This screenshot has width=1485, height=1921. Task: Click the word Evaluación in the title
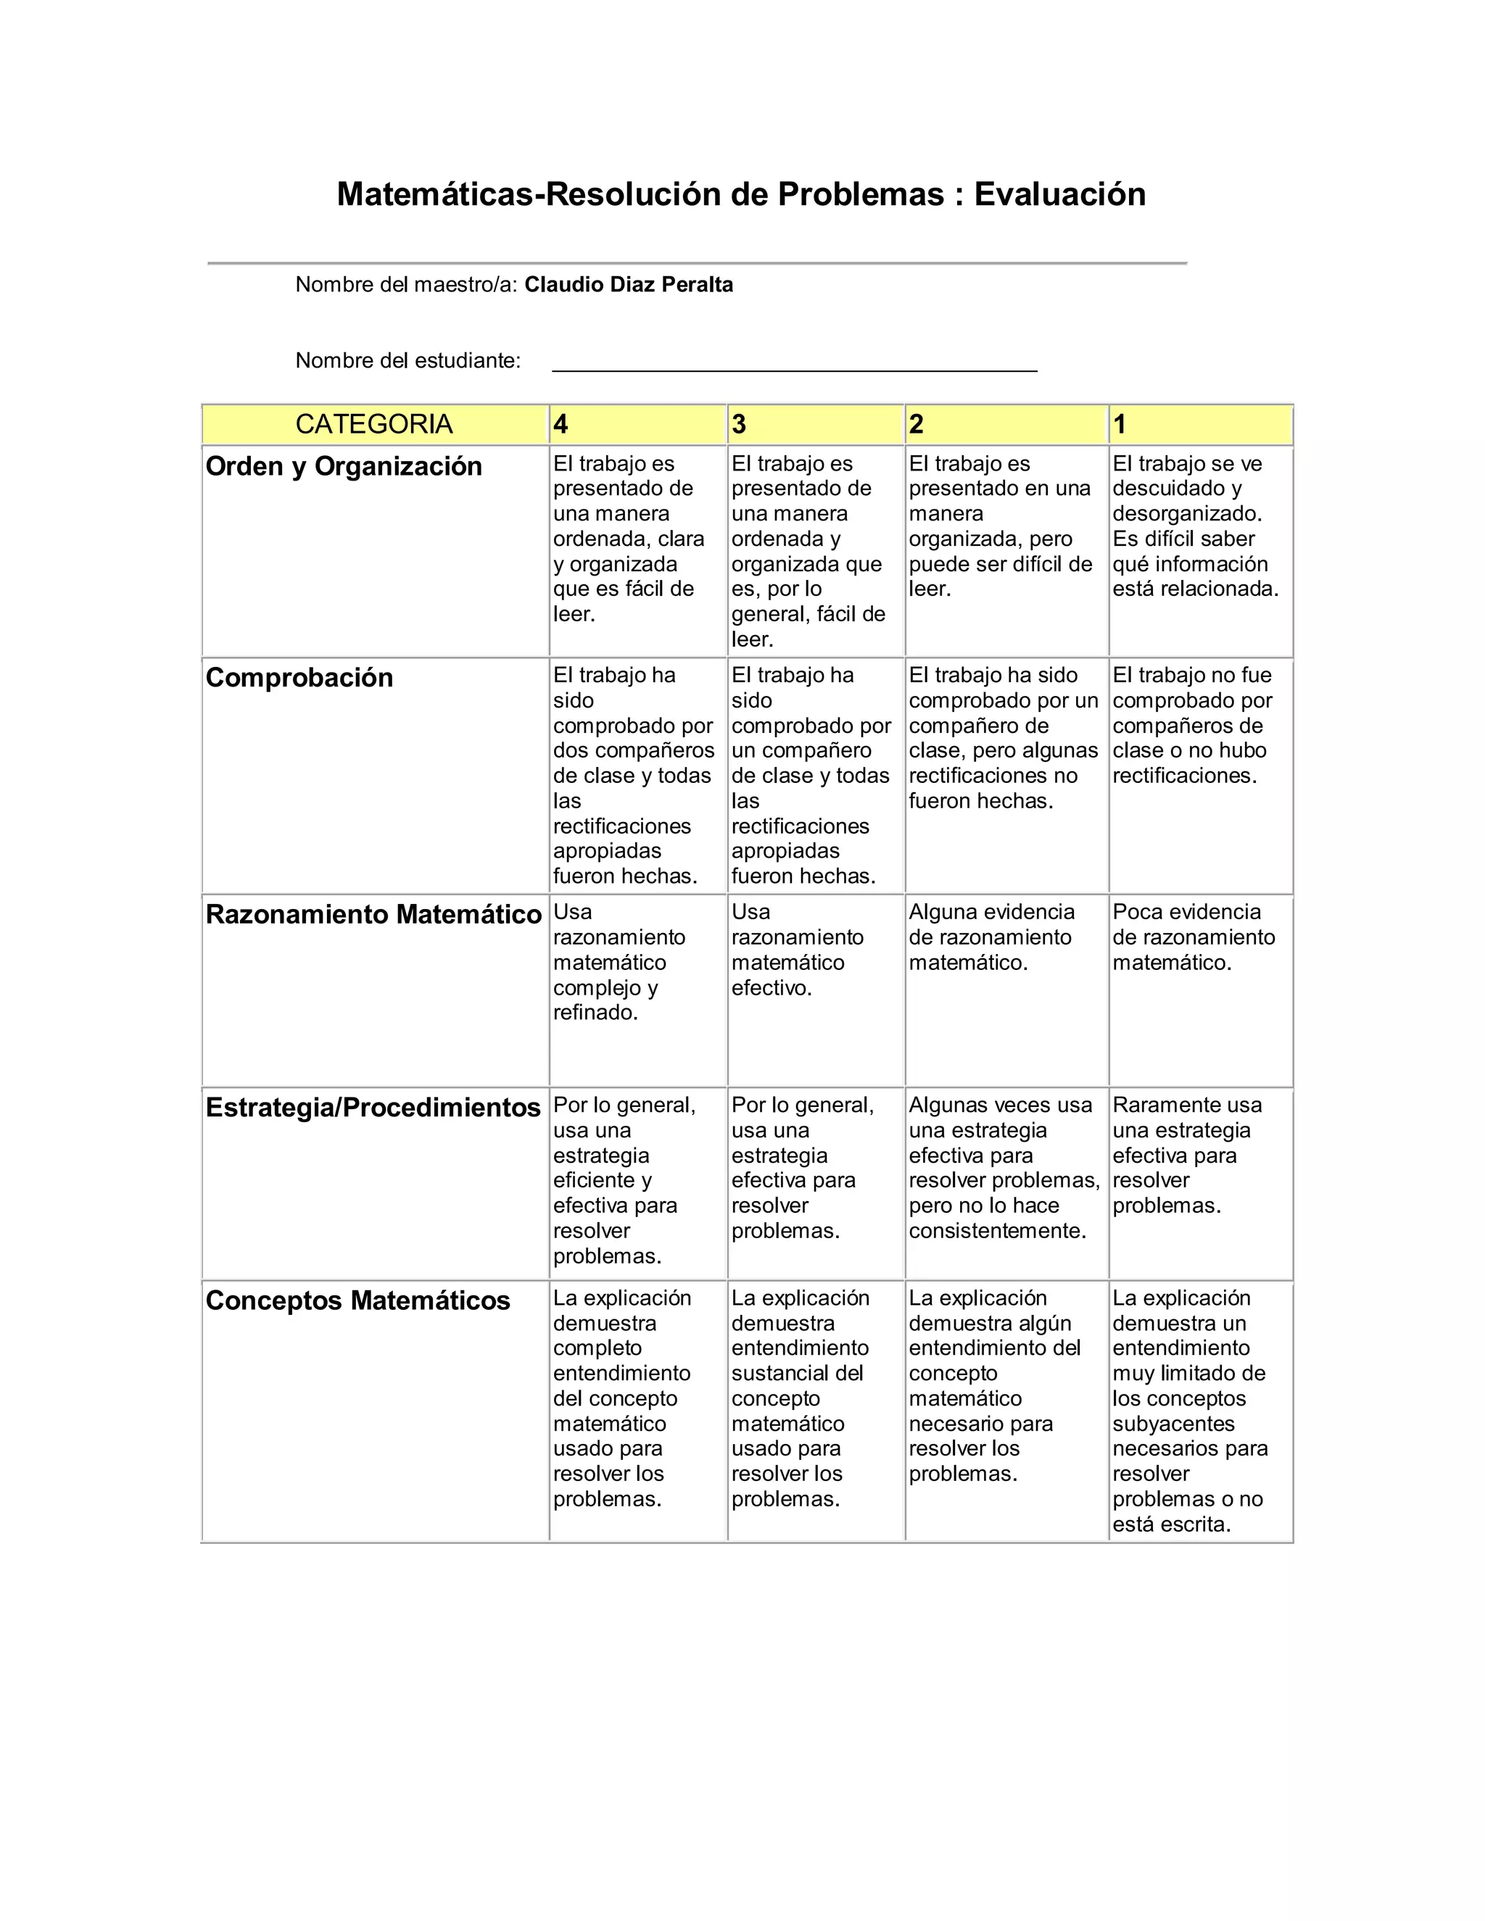[1059, 194]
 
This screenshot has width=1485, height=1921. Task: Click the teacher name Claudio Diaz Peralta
[628, 285]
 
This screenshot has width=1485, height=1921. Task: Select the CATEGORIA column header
[374, 424]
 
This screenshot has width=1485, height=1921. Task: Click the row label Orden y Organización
[344, 466]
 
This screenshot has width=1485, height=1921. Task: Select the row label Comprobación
[299, 677]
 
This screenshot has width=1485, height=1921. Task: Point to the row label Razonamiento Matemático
[373, 915]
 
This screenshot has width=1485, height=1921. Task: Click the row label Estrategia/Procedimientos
[373, 1108]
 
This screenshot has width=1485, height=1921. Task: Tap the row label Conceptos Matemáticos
[357, 1300]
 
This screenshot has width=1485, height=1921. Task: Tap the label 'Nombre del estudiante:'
[408, 360]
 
